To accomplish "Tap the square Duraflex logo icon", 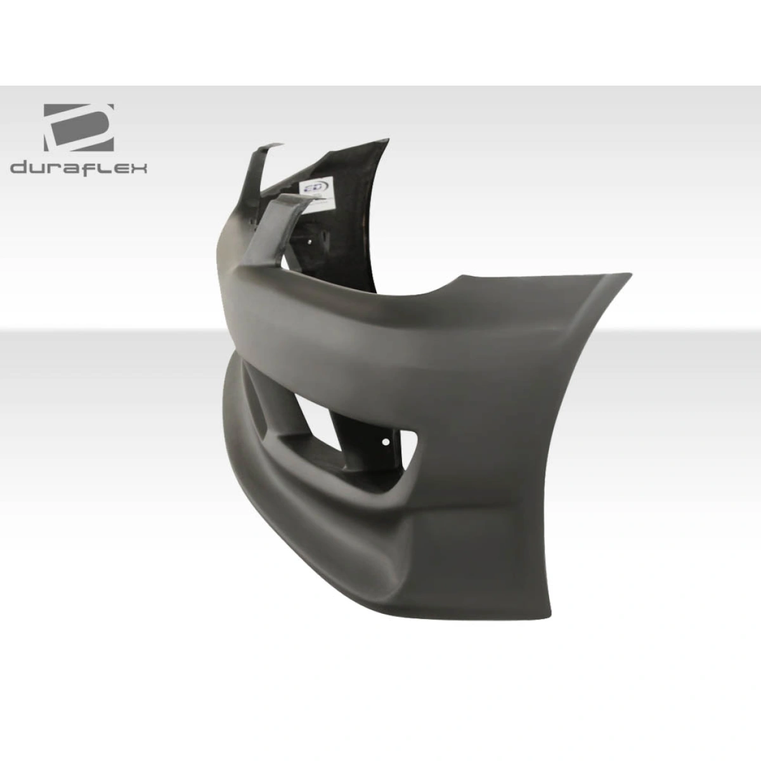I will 79,127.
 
